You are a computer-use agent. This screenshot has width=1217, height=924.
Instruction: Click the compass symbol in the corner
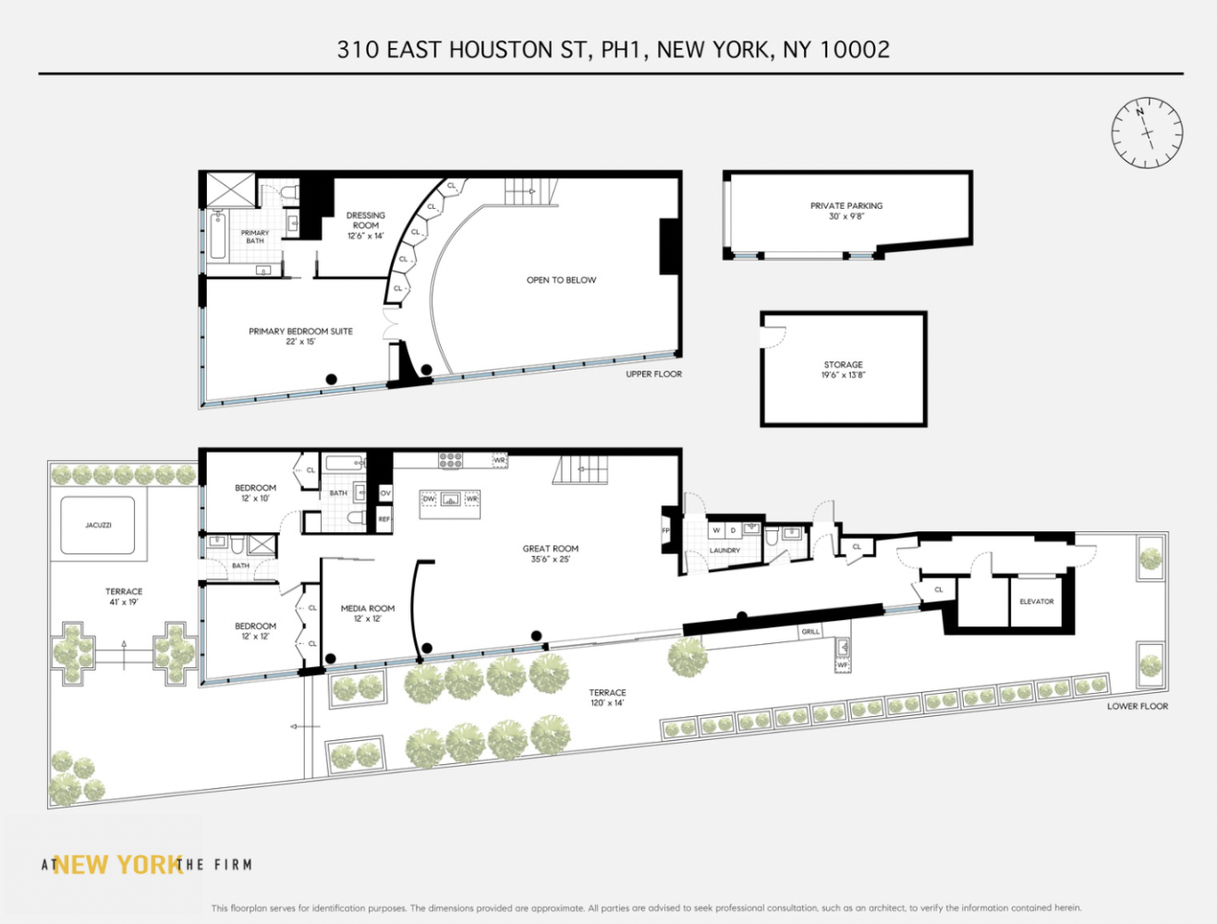pos(1146,132)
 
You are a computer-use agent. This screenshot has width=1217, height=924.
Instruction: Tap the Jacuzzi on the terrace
pos(98,526)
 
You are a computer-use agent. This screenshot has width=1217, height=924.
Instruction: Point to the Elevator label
pos(1036,602)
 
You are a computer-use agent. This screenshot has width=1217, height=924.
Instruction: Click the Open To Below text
pos(561,280)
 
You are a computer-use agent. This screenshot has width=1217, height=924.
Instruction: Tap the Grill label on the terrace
pos(810,632)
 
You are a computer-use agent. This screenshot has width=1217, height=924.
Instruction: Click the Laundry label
pos(724,551)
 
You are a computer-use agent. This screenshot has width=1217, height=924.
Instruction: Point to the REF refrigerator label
pos(384,519)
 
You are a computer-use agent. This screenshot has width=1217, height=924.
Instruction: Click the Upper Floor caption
pos(653,374)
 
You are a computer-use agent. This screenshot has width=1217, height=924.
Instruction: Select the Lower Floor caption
pos(1138,706)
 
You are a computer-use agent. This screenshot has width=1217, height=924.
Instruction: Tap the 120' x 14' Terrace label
pos(607,698)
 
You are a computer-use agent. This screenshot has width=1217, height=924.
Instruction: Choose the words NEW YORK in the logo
pos(117,865)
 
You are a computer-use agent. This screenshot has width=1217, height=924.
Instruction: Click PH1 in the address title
pos(620,49)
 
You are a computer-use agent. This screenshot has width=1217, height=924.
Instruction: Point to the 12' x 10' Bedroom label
pos(255,492)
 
